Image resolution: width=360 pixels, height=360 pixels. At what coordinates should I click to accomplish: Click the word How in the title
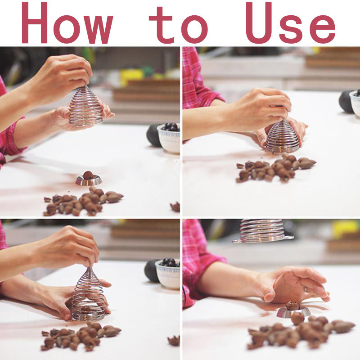tap(67, 23)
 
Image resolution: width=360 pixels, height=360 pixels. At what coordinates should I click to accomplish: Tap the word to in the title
tap(178, 25)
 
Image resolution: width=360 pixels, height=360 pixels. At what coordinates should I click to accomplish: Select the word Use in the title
tap(291, 23)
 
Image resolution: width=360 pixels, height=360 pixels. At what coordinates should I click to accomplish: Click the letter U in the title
tap(260, 23)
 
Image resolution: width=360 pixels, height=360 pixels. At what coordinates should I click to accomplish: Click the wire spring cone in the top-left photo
tap(86, 106)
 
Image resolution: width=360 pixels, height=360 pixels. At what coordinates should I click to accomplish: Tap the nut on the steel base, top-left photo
tap(88, 175)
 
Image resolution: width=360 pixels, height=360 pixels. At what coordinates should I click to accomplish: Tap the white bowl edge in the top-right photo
tap(355, 103)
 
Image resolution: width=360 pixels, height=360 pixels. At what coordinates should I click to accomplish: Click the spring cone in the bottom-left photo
tap(88, 295)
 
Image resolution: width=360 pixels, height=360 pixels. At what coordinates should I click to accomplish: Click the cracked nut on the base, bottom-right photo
tap(292, 306)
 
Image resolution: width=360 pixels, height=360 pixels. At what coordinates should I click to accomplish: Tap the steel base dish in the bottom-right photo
tap(293, 312)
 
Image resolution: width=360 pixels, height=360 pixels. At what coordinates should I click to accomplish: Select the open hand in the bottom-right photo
tap(294, 285)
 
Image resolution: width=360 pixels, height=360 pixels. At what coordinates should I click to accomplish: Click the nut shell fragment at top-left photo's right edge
tap(175, 207)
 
